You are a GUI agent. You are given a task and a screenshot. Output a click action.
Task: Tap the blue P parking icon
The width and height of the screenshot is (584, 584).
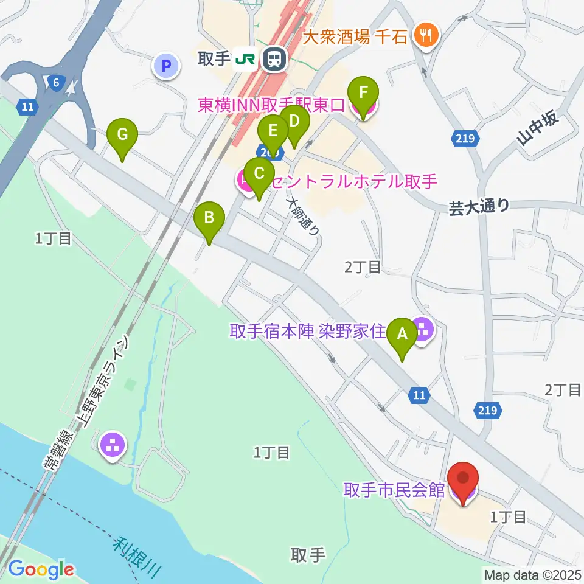tap(167, 65)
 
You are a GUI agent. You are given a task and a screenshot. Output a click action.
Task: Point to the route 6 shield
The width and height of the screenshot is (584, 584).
tap(55, 82)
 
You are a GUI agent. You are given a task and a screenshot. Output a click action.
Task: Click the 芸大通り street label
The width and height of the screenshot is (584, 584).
tap(479, 207)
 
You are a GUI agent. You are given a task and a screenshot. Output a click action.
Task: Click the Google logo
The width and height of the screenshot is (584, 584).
tap(41, 569)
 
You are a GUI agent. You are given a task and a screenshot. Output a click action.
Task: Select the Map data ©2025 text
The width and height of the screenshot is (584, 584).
tap(532, 574)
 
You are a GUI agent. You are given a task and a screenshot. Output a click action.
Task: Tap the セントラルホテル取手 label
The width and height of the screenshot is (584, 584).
tap(354, 181)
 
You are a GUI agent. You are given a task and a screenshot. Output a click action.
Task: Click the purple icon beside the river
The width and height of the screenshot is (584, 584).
tap(113, 445)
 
